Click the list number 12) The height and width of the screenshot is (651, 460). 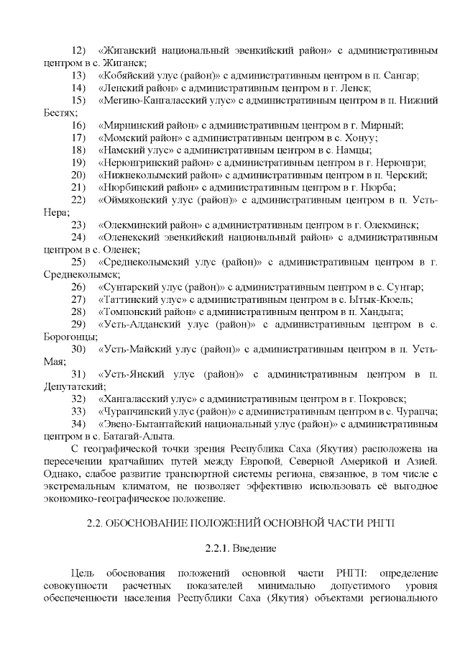tap(79, 51)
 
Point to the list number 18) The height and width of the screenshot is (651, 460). tap(79, 150)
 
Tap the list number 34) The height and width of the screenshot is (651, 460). tap(79, 424)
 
